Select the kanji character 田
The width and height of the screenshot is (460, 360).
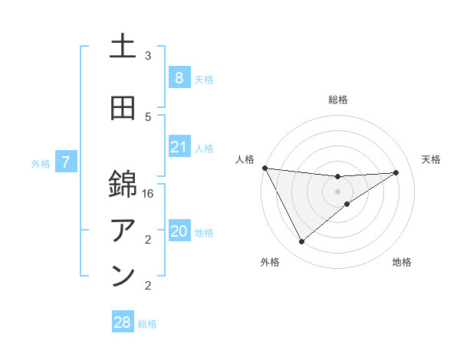[123, 108]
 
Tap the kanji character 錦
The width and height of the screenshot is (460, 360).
[123, 185]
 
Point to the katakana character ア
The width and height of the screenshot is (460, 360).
[123, 229]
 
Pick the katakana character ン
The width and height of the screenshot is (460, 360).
[123, 277]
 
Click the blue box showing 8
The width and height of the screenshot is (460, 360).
[179, 78]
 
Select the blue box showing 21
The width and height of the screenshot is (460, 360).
[179, 147]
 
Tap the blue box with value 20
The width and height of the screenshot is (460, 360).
[179, 232]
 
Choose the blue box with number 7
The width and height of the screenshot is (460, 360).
[67, 162]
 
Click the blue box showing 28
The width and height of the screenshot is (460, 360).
[122, 322]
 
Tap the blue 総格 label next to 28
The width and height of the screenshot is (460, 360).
[147, 324]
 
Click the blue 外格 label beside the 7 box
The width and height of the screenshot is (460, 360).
[41, 163]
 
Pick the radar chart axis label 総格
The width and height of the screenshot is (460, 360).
[337, 100]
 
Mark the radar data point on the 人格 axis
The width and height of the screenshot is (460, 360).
[264, 168]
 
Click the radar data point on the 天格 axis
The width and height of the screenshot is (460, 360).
[396, 172]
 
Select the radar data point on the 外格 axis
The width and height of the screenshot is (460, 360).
[301, 242]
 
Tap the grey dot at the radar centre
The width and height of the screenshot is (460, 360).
[337, 191]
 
